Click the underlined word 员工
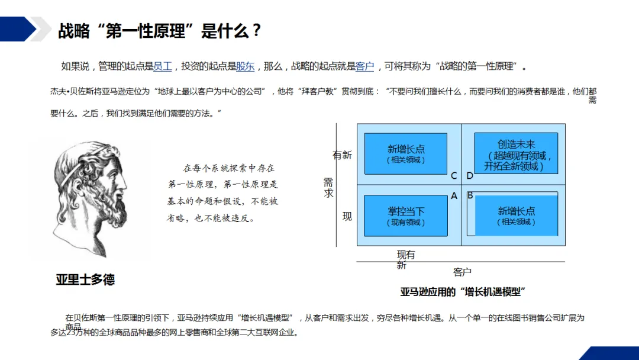click(x=162, y=66)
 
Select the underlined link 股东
click(x=245, y=66)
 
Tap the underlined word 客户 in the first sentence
click(x=364, y=66)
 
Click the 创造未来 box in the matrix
click(x=516, y=153)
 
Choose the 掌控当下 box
click(x=406, y=216)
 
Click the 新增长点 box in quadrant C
click(x=406, y=153)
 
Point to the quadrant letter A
click(x=454, y=195)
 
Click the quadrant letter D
click(x=470, y=176)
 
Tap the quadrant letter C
click(x=454, y=176)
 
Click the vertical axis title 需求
click(x=328, y=188)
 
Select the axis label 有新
click(x=342, y=155)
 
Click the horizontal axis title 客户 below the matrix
click(x=462, y=272)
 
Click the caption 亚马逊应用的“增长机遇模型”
click(x=463, y=292)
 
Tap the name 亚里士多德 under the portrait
click(x=85, y=279)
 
